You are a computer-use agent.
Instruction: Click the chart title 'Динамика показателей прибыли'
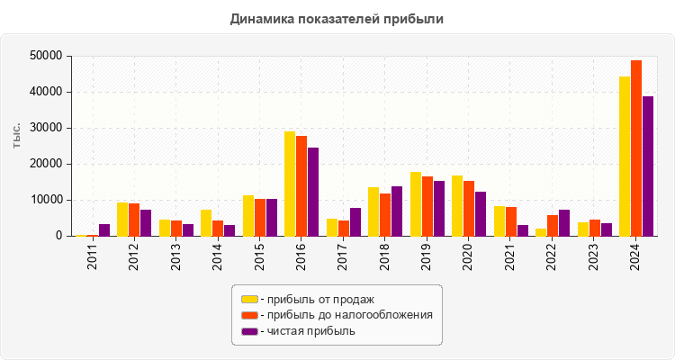(x=337, y=18)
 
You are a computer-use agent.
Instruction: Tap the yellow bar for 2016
(x=290, y=184)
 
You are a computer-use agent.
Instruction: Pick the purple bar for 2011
(x=104, y=230)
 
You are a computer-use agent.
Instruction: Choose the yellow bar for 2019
(x=416, y=204)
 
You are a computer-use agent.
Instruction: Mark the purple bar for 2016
(x=313, y=192)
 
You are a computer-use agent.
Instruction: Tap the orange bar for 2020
(x=469, y=209)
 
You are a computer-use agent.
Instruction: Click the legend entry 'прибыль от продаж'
(x=316, y=299)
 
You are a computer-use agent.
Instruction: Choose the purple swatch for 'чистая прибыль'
(x=249, y=331)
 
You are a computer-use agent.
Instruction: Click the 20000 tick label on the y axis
(x=46, y=164)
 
